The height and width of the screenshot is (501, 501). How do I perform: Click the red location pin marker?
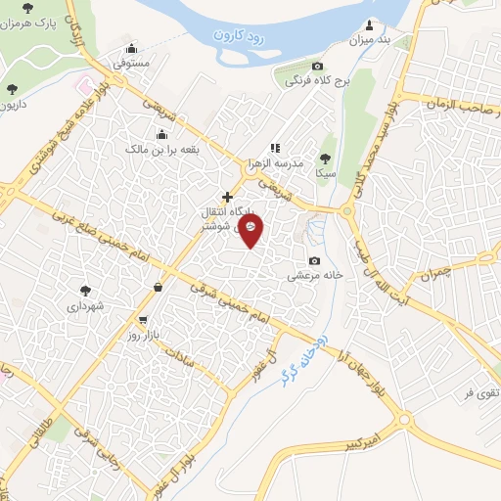coord(251,232)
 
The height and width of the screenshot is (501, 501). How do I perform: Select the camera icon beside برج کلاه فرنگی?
coord(290,65)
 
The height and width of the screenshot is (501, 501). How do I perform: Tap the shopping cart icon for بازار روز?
coord(144,320)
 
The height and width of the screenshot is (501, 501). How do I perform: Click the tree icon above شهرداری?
coord(85,290)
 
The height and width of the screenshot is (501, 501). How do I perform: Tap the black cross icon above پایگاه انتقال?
coord(227,197)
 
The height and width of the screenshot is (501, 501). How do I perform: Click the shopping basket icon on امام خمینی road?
coord(159,287)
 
